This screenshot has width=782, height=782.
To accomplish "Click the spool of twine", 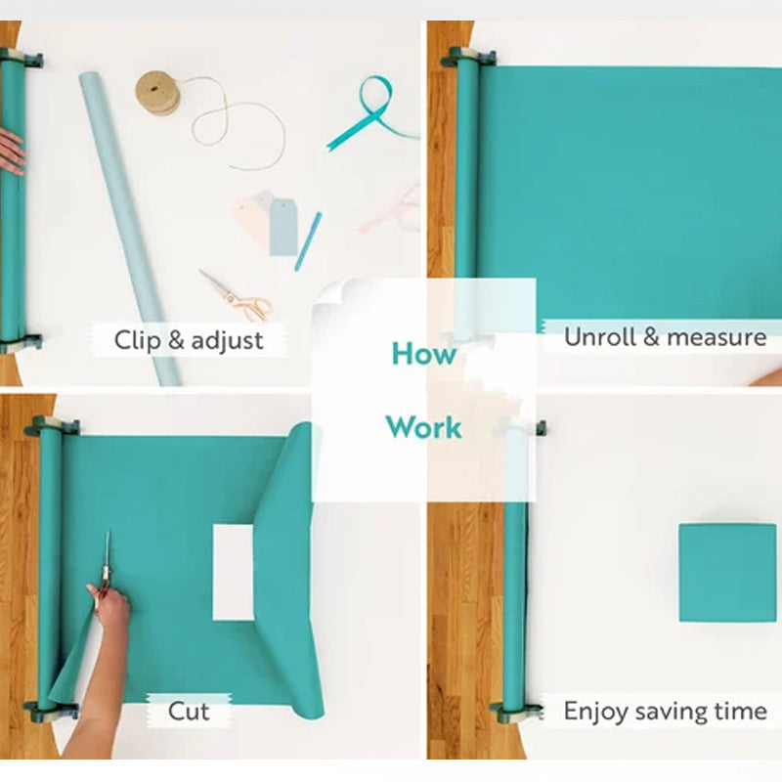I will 156,92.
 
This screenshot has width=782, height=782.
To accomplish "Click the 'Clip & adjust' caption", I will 189,340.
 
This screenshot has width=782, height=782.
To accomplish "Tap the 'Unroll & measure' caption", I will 665,337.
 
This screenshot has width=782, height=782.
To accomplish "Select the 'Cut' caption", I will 189,711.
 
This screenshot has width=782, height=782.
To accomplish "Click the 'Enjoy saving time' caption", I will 665,711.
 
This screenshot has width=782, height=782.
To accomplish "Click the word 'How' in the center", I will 423,354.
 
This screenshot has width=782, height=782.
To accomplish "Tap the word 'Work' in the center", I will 423,427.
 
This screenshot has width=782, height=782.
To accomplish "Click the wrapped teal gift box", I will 727,573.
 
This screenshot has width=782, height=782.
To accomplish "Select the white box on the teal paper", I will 233,572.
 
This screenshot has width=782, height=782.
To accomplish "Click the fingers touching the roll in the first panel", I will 10,152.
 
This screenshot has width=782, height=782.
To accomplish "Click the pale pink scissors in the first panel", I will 391,210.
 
